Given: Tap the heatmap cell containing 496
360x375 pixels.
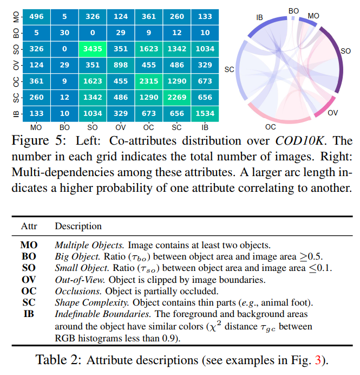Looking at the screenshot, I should [x=37, y=17].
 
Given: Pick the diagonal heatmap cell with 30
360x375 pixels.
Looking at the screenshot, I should [x=65, y=33].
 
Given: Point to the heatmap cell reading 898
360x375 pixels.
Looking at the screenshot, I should [x=121, y=65].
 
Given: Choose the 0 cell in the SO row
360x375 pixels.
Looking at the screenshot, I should [x=65, y=49].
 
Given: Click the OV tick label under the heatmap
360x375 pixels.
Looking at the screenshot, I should [x=121, y=127].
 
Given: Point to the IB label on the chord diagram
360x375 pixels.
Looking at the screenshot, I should [x=260, y=18].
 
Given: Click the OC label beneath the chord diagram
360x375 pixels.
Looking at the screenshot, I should [x=270, y=126].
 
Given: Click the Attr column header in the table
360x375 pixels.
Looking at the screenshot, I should [x=29, y=226].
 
